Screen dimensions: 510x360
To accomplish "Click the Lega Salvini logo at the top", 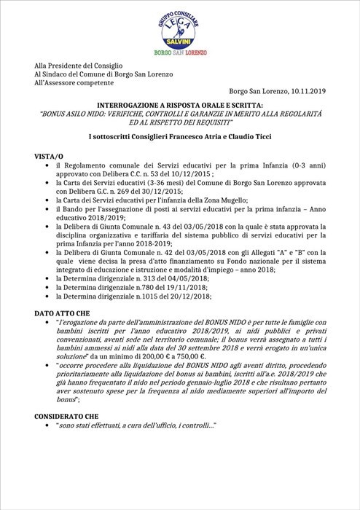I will (179, 28).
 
